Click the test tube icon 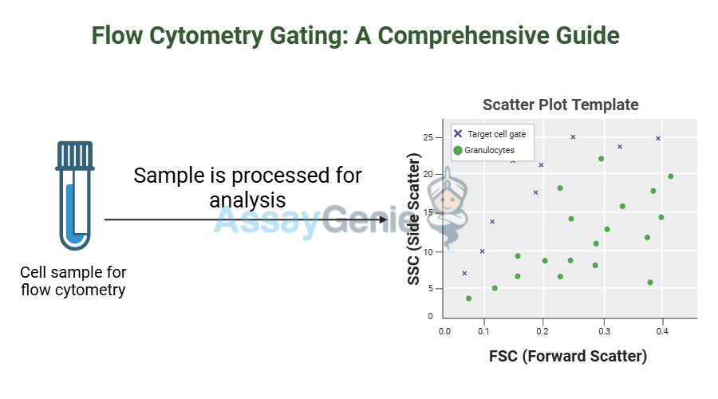pos(74,196)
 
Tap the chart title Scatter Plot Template pos(560,105)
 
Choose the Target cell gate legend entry pos(490,134)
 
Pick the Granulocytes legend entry pos(483,150)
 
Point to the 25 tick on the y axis pos(428,137)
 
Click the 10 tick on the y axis pos(428,252)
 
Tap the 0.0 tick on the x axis pos(446,331)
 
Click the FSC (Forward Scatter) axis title pos(567,356)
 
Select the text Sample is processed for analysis pos(247,187)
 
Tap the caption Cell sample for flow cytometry pos(73,281)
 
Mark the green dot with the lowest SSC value pos(468,298)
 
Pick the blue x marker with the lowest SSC pos(464,273)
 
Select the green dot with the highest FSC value pos(670,176)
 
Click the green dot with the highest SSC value pos(601,159)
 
